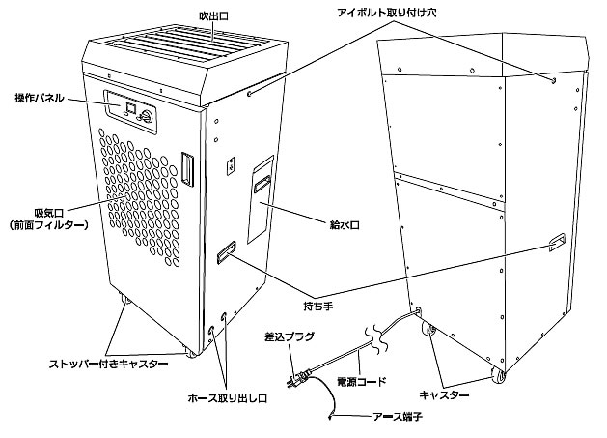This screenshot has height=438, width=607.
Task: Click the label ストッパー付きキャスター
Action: coord(107,364)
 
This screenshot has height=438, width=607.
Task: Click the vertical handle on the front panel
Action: coord(188,165)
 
